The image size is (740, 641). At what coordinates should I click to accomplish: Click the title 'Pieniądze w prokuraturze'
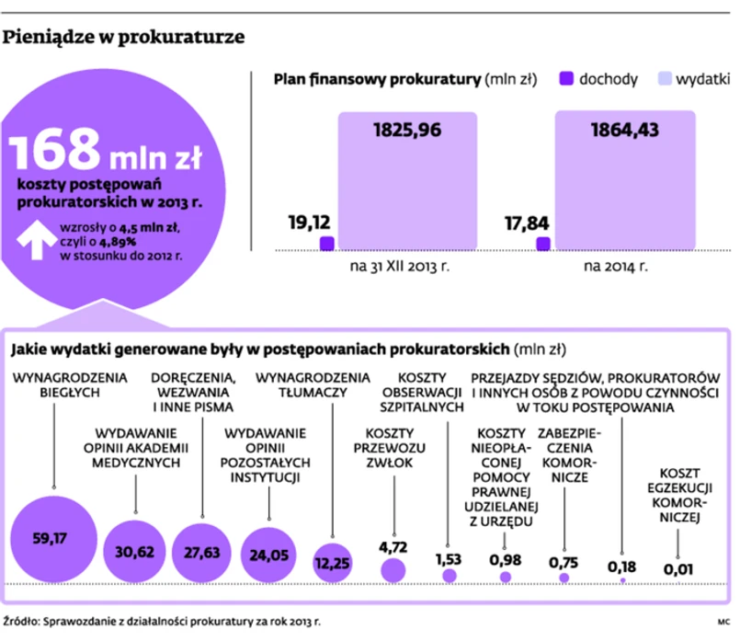coord(125,37)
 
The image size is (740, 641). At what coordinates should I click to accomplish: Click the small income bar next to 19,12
coord(326,243)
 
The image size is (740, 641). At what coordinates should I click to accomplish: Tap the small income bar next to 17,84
coord(542,243)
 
